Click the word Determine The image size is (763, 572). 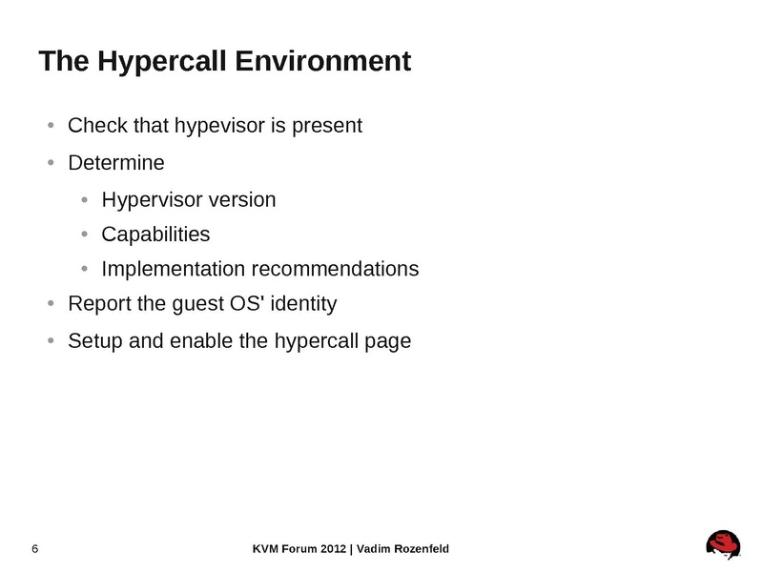tap(116, 163)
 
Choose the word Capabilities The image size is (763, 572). tap(155, 235)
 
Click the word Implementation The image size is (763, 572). tap(173, 270)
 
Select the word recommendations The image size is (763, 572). tap(335, 270)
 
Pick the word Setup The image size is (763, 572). tap(94, 340)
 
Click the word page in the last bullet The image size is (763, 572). tap(388, 341)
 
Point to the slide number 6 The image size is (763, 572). tap(35, 548)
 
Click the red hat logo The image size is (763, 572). tap(723, 545)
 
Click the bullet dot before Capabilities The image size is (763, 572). tap(85, 235)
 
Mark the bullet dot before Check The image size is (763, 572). tap(52, 126)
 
